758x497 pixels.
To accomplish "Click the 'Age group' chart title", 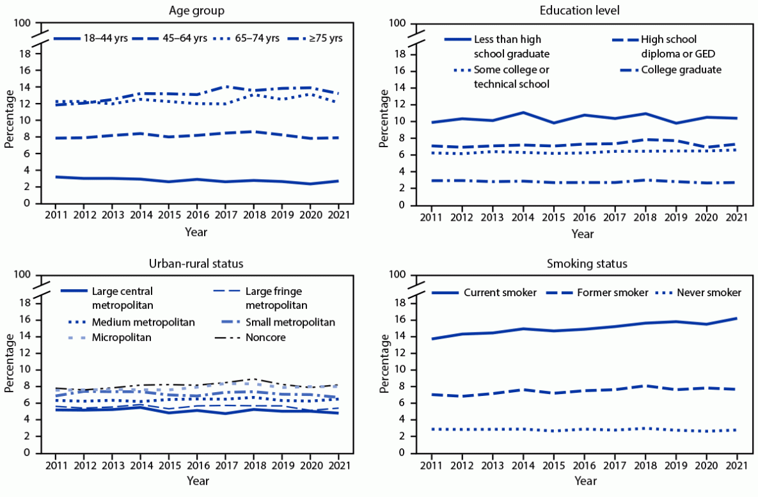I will pyautogui.click(x=196, y=10).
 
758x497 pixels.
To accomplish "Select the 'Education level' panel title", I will pyautogui.click(x=583, y=10).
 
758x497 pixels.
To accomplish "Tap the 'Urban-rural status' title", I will pyautogui.click(x=196, y=263).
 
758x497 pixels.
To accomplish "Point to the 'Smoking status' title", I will pyautogui.click(x=583, y=263).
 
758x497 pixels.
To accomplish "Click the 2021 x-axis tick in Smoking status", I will pyautogui.click(x=736, y=464).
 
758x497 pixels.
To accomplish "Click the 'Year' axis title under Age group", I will pyautogui.click(x=196, y=232).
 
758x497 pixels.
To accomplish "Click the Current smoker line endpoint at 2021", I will pyautogui.click(x=736, y=318).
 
